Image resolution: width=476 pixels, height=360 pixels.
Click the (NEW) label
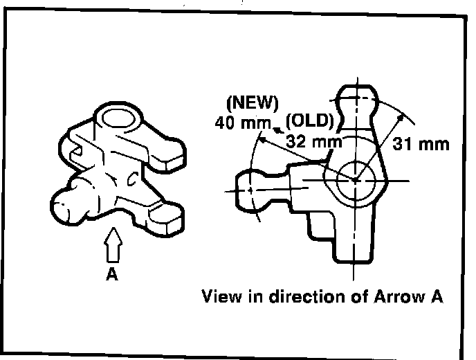tap(252, 104)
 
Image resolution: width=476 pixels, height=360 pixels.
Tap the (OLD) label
tap(311, 120)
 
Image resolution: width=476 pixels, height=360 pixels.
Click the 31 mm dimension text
tap(421, 145)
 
